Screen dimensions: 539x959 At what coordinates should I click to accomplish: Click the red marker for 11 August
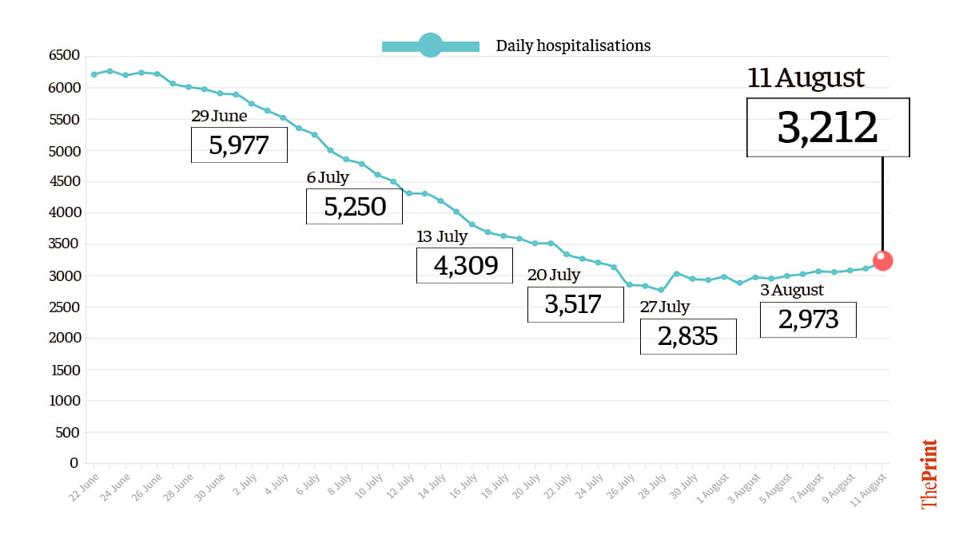tap(882, 260)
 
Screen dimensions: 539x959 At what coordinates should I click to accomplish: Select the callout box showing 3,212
tap(828, 128)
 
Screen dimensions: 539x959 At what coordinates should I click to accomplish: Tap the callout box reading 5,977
tap(239, 145)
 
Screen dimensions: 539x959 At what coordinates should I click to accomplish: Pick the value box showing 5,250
tap(354, 206)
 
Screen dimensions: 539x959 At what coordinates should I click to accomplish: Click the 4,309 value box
tap(464, 265)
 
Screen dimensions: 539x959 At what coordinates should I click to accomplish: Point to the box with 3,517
tap(575, 304)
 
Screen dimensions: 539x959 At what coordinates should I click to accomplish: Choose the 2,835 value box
tap(688, 336)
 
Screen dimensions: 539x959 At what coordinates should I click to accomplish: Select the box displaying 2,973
tap(808, 319)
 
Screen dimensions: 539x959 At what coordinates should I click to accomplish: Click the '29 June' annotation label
tap(219, 117)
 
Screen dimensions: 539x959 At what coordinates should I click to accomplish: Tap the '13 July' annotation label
tap(442, 236)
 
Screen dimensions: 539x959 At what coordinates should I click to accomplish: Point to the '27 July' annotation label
tap(665, 307)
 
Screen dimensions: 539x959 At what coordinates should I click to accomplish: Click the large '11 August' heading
tap(806, 78)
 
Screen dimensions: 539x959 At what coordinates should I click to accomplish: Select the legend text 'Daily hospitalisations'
tap(573, 46)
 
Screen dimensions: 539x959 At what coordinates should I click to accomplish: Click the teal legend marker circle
tap(430, 46)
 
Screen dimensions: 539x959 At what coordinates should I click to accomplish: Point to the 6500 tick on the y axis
tap(64, 55)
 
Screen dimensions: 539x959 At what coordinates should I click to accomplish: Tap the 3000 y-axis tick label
tap(64, 275)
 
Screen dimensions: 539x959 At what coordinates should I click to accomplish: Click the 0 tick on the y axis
tap(74, 463)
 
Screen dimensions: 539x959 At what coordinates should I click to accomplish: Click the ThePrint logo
tap(929, 474)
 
